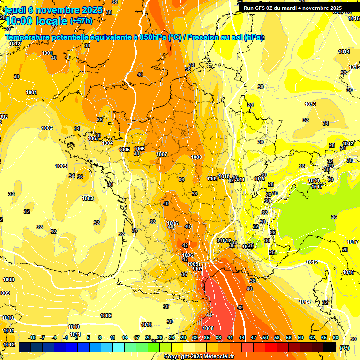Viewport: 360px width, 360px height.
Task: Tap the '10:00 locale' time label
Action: (37, 21)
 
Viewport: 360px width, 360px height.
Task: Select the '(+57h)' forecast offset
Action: (81, 21)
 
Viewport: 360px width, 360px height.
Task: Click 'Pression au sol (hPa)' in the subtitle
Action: (225, 37)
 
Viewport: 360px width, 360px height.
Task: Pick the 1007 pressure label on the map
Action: (162, 154)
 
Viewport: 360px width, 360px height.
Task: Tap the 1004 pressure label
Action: (107, 143)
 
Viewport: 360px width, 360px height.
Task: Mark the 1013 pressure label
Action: (310, 104)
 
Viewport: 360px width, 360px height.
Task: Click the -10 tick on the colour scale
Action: (32, 337)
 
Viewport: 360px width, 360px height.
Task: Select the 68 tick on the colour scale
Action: (336, 337)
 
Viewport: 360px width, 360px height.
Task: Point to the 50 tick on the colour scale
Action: (265, 337)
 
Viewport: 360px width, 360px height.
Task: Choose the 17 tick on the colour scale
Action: (136, 337)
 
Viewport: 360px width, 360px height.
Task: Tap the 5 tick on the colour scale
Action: (88, 337)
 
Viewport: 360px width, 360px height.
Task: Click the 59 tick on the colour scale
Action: (300, 337)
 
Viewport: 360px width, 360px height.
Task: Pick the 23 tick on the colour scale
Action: (160, 337)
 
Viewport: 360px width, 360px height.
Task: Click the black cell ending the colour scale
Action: (330, 347)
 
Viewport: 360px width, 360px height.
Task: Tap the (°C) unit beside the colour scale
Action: (344, 347)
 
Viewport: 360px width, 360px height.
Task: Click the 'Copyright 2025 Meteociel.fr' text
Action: (199, 356)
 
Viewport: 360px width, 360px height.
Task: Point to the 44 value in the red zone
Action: (209, 315)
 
